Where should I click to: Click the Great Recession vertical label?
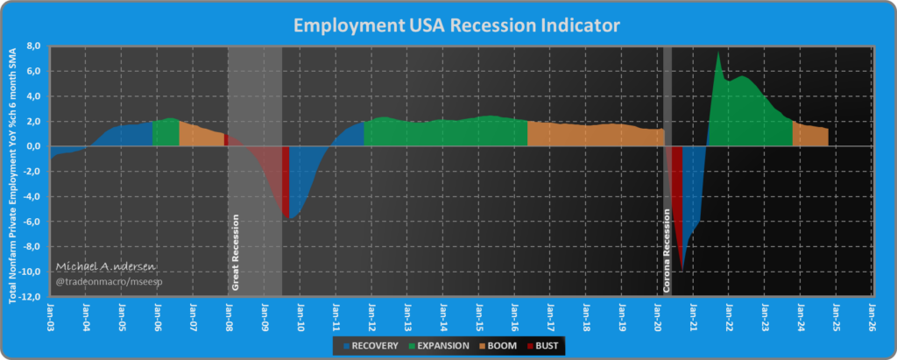point(235,251)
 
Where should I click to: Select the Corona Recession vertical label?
point(667,251)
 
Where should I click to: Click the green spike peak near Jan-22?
point(718,53)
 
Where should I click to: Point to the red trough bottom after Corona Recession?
point(682,270)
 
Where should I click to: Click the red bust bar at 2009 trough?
point(286,184)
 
